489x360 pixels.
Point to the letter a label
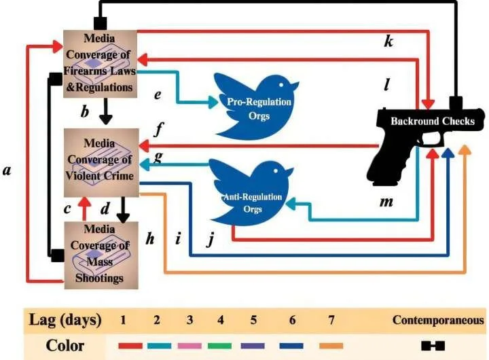(7, 171)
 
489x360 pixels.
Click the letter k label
(388, 42)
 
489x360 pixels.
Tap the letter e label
(158, 94)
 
